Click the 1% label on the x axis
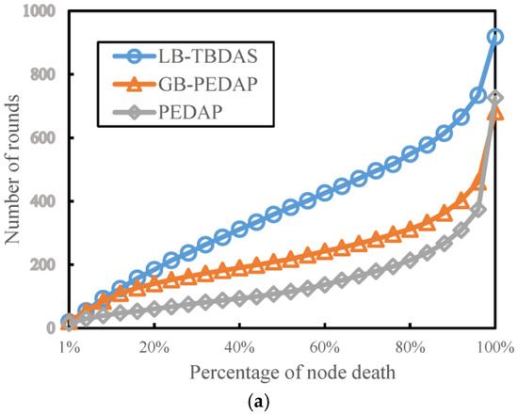pyautogui.click(x=69, y=346)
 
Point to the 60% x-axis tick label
pyautogui.click(x=324, y=346)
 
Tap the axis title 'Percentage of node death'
pyautogui.click(x=282, y=372)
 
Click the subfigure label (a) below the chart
pyautogui.click(x=259, y=402)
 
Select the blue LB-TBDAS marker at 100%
pyautogui.click(x=495, y=37)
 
